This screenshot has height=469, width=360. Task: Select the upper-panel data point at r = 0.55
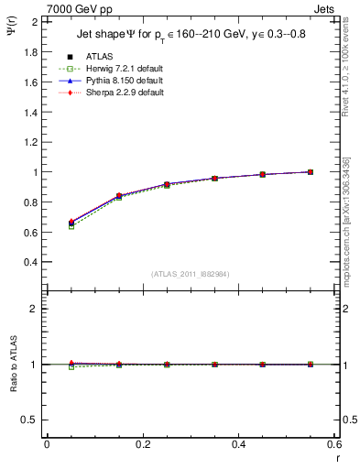point(311,171)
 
